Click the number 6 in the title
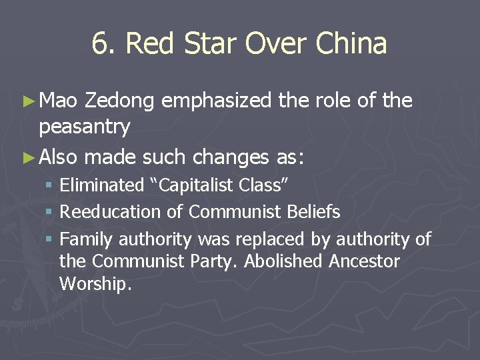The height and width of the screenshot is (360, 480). point(99,44)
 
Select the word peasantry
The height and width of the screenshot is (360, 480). point(85,125)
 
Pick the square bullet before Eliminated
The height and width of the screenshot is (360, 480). point(51,185)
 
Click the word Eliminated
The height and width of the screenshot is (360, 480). point(102,185)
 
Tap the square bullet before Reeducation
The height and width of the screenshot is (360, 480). point(51,213)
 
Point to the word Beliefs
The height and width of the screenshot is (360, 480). point(313,213)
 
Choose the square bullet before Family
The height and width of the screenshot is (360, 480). point(51,239)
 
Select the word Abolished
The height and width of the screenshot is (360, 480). point(285,261)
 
